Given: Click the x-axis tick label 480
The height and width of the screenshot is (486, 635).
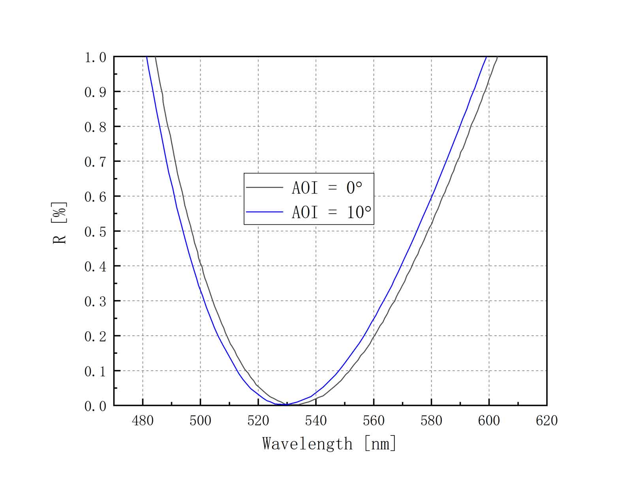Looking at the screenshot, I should (143, 421).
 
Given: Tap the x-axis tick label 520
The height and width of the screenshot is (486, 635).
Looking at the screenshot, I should (258, 421).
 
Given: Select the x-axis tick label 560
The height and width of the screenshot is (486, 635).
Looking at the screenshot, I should (374, 421).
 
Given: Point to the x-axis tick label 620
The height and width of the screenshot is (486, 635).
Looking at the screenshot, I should (547, 421).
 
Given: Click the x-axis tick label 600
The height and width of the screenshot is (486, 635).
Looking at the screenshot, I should (489, 421).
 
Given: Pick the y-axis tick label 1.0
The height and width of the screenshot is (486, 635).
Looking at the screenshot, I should (95, 58).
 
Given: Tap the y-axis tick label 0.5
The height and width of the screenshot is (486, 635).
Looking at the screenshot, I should (95, 232).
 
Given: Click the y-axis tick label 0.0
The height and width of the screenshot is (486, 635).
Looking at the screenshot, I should (95, 406).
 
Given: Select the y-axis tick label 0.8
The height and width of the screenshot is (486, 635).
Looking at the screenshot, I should (95, 127).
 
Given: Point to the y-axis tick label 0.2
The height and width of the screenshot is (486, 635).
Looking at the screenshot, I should (95, 336).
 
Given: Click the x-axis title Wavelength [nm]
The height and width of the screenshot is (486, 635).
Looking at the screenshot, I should (329, 444).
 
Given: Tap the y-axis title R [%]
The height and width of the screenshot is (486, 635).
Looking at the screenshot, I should (60, 223).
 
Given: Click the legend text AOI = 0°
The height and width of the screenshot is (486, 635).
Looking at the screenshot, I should (327, 188).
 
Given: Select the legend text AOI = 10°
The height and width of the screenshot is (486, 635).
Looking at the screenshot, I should (331, 212).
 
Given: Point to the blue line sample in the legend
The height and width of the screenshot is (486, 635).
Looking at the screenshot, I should (265, 212).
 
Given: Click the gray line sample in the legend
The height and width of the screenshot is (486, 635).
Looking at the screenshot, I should (265, 188).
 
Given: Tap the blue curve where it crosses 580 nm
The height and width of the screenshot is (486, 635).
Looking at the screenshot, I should (431, 196).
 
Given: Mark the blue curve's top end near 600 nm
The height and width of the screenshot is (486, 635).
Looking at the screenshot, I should (486, 58).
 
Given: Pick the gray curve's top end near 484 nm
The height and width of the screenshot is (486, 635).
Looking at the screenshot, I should (156, 58).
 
